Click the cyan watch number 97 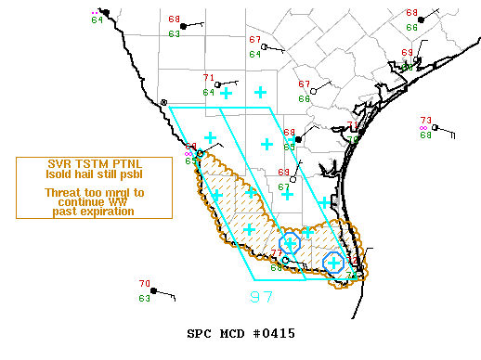262,297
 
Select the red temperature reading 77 276,253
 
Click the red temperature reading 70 145,284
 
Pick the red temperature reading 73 425,121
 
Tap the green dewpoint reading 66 411,28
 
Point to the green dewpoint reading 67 284,186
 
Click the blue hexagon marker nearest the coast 332,263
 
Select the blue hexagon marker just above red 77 290,243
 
